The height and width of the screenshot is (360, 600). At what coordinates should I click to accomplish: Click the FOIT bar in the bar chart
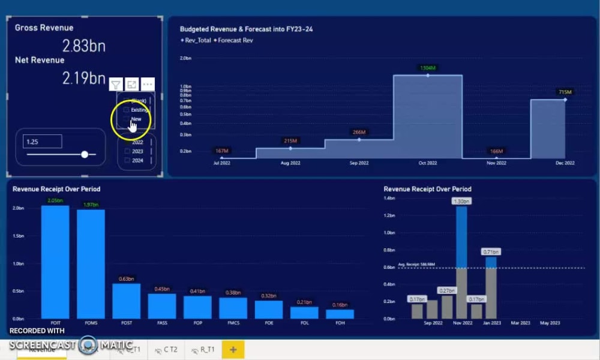(55, 262)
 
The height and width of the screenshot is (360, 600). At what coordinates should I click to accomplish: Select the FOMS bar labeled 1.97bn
(91, 264)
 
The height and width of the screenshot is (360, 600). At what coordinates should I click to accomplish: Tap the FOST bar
(126, 301)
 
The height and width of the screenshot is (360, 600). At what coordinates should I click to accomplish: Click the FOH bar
(340, 314)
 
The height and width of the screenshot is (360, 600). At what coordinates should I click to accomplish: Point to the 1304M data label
(428, 68)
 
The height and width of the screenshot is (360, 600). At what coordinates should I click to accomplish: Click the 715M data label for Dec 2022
(565, 92)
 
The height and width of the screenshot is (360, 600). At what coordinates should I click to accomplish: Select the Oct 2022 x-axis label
(428, 163)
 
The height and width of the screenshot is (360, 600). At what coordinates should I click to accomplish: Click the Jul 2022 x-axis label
(222, 163)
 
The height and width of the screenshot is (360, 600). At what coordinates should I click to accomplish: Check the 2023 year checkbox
(127, 151)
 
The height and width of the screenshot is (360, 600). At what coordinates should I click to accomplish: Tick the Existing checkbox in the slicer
(126, 110)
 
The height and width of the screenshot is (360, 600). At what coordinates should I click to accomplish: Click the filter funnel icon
(116, 85)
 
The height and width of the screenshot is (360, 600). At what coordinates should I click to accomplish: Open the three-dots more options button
(148, 85)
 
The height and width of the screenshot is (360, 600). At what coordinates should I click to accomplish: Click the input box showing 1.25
(43, 142)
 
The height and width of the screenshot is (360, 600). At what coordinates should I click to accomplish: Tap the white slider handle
(85, 154)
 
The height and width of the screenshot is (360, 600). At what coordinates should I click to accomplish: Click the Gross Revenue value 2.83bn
(84, 46)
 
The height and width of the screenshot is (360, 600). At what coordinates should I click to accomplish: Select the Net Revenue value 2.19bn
(84, 78)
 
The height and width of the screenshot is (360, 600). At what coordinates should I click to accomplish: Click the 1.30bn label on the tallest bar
(461, 202)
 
